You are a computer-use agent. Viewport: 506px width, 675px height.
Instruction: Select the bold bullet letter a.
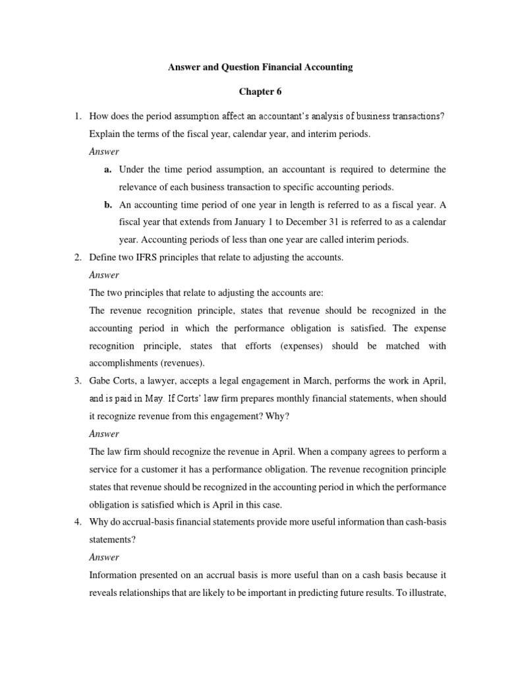[107, 169]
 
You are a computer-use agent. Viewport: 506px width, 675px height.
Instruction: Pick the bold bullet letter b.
[107, 205]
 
